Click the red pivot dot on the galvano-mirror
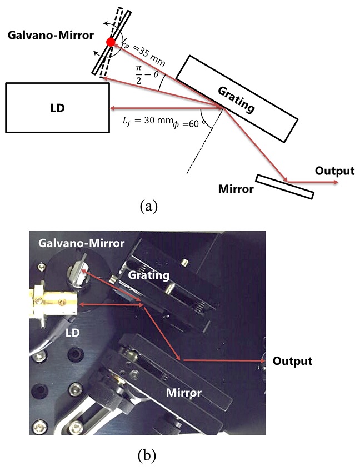click(111, 42)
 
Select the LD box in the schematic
click(57, 107)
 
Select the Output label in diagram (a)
click(334, 171)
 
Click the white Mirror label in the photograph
click(186, 392)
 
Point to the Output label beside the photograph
click(292, 361)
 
